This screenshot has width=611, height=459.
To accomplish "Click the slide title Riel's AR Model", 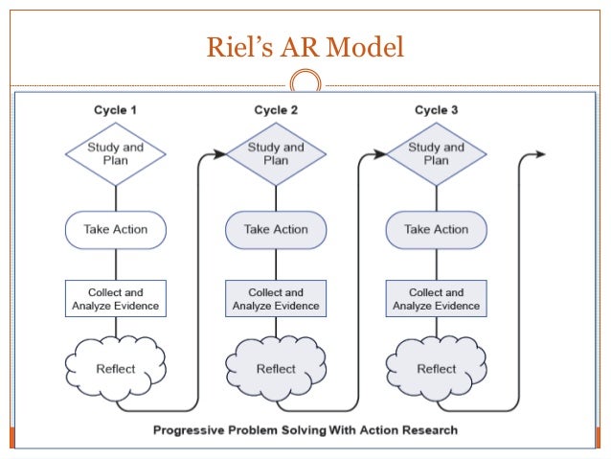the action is point(305,47).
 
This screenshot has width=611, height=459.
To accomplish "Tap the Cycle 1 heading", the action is point(115,110).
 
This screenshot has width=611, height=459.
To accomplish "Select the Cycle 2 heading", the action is point(276,110).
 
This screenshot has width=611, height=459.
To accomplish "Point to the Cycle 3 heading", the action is point(437,110).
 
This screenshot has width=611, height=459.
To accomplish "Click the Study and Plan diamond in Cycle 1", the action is point(116,154).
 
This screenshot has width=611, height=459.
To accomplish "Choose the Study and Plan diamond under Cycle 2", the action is point(276,154).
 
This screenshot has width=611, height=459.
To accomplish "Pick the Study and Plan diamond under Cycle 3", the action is point(437,154).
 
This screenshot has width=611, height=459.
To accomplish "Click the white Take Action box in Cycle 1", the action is point(116,230).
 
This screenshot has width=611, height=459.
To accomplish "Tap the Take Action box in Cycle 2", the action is point(276,230).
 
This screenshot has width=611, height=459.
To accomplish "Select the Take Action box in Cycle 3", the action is point(437,230).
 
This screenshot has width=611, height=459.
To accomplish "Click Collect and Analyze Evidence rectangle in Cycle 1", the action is point(116,298).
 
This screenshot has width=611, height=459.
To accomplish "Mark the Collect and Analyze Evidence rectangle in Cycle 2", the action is point(276,298).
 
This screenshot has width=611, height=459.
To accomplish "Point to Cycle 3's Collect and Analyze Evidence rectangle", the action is point(437,298).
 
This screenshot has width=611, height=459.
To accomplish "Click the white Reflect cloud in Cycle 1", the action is point(116,369).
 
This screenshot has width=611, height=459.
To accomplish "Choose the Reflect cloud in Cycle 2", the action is point(276,369).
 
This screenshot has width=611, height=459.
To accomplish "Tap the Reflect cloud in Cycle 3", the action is point(437,369).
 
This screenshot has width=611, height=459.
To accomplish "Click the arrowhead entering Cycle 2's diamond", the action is point(219,154).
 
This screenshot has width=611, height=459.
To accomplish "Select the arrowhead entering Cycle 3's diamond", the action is point(380,154).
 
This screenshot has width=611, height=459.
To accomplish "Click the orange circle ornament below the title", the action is point(305,80).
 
